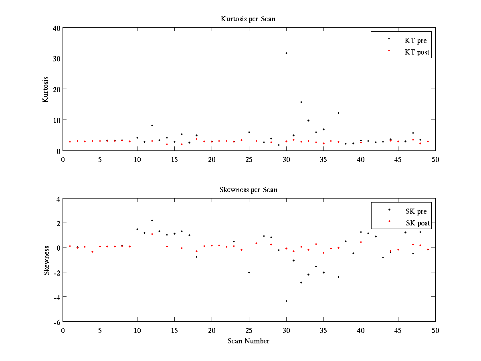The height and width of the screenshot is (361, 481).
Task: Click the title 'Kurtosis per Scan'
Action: [248, 19]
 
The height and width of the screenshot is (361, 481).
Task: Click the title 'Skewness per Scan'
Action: [248, 189]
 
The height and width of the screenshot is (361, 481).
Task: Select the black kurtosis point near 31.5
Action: [286, 53]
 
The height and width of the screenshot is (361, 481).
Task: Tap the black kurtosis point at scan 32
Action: [301, 102]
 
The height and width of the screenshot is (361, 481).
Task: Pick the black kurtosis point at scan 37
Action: [338, 113]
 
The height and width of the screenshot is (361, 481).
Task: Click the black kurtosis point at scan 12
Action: [152, 125]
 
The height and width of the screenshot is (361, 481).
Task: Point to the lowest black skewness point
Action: [286, 301]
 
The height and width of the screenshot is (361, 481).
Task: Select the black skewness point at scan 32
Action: [301, 282]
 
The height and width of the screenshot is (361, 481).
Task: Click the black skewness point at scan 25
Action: [249, 272]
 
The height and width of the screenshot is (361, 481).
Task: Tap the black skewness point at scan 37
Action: [338, 277]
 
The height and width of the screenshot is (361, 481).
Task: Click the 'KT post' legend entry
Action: [417, 52]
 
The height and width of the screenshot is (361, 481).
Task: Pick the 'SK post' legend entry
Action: [417, 223]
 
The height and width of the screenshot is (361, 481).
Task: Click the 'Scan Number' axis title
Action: [249, 341]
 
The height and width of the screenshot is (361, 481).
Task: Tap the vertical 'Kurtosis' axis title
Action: [46, 89]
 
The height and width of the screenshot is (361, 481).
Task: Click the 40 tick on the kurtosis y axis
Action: [56, 28]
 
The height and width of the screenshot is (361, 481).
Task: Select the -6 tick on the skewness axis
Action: [56, 322]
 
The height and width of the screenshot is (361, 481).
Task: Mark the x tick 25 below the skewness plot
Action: [249, 330]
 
